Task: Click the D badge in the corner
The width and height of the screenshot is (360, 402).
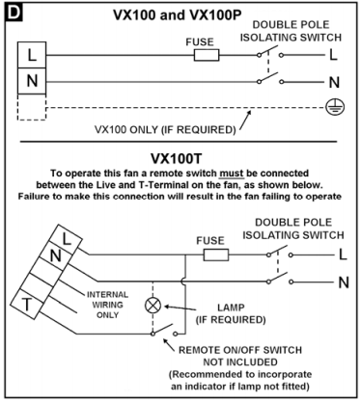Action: click(x=14, y=13)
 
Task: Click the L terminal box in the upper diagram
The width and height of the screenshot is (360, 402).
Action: click(x=32, y=55)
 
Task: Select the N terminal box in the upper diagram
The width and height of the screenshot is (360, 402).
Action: click(x=32, y=81)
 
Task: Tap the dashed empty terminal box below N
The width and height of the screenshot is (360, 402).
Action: click(x=32, y=107)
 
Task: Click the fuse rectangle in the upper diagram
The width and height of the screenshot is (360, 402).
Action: click(x=207, y=55)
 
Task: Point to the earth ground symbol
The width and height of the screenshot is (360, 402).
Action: click(x=335, y=107)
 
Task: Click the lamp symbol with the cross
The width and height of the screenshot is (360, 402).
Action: click(x=152, y=305)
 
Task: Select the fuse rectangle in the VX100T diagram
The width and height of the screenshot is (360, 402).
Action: click(x=216, y=255)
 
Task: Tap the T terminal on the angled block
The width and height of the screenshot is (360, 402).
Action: click(x=27, y=304)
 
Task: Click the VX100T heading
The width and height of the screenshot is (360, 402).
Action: click(x=177, y=158)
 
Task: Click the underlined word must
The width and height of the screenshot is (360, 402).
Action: click(x=232, y=174)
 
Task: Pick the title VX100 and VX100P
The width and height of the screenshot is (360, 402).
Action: click(x=178, y=15)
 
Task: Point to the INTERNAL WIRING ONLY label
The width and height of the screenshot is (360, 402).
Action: click(x=107, y=305)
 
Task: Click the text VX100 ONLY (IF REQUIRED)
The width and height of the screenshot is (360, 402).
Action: click(x=165, y=130)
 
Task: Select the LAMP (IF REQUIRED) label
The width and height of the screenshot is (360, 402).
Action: click(x=231, y=313)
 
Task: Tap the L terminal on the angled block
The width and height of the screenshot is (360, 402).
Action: click(x=66, y=239)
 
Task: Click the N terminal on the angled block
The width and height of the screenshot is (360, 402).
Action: click(x=55, y=255)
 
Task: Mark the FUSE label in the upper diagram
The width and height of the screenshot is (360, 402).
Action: click(x=200, y=42)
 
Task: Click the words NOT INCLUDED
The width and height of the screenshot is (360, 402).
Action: click(x=240, y=362)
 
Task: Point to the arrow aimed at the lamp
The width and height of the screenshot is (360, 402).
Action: click(x=180, y=308)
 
